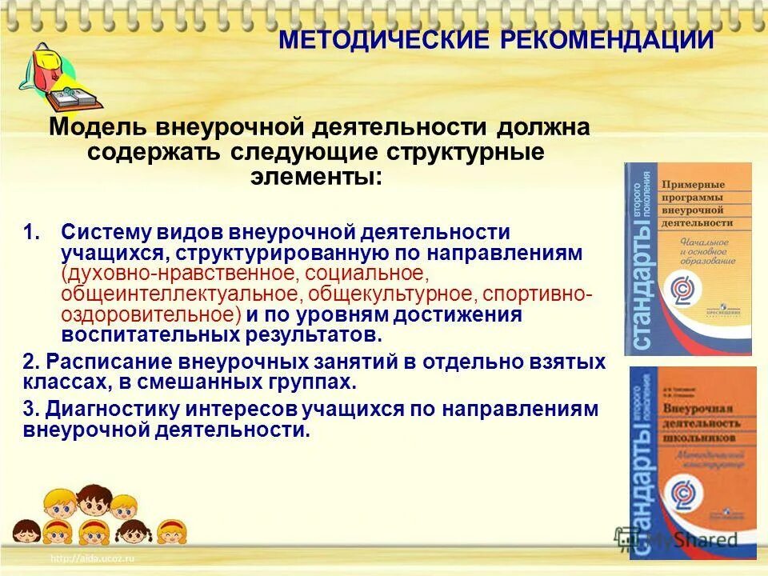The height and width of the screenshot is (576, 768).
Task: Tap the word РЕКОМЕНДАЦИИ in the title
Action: (606, 40)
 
